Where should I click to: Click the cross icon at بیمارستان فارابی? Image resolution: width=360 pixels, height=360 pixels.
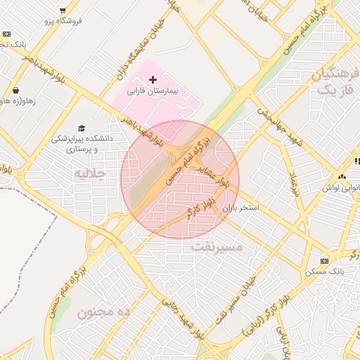click(153, 79)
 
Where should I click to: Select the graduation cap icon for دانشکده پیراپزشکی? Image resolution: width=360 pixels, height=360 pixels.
click(82, 128)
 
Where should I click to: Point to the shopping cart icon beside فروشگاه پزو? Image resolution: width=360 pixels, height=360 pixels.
click(63, 11)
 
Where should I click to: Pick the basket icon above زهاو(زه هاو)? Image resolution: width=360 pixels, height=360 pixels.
click(15, 90)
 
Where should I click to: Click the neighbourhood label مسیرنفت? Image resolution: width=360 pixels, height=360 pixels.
click(217, 247)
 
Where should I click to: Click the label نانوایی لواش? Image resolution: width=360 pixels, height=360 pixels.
click(341, 188)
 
